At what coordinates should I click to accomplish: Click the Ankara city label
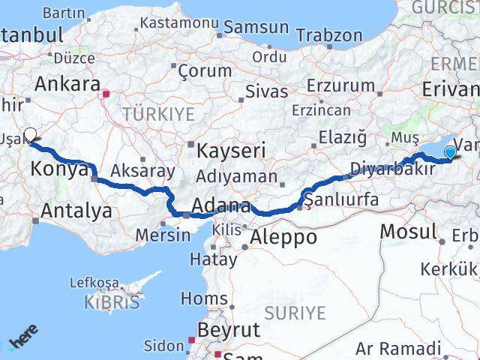[x=67, y=83]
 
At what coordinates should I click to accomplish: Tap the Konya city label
[x=58, y=169]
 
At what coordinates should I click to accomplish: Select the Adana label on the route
[x=221, y=205]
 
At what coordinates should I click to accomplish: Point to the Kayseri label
[x=231, y=151]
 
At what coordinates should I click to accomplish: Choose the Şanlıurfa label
[x=341, y=199]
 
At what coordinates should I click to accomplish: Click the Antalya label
[x=76, y=211]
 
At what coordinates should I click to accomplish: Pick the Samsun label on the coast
[x=253, y=27]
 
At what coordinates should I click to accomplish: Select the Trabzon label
[x=329, y=34]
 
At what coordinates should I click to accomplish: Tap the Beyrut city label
[x=228, y=329]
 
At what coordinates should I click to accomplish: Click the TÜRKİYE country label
[x=158, y=114]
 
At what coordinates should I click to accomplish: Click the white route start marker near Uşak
[x=30, y=135]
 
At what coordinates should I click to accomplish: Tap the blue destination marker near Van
[x=449, y=153]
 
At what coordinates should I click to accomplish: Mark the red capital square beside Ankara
[x=106, y=94]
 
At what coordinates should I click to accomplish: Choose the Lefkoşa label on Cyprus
[x=94, y=283]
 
